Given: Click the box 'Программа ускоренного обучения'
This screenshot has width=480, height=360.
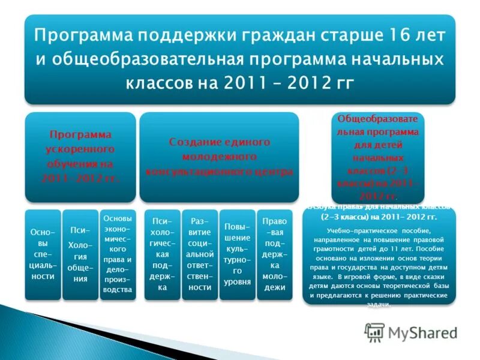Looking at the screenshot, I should point(80,157).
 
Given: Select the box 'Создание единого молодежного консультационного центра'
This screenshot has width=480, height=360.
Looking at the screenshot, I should point(219,157).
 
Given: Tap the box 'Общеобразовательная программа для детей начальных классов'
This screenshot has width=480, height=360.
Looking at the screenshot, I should point(378,157).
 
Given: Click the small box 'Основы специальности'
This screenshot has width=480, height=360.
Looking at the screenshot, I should point(43,254).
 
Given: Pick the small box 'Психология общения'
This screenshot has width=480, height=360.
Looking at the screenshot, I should point(80,254).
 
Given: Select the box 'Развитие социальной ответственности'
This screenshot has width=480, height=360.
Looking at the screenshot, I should point(200,254).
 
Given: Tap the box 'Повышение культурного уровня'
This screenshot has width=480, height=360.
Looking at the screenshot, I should point(237,254).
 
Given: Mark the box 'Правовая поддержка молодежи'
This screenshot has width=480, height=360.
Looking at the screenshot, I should point(274,254).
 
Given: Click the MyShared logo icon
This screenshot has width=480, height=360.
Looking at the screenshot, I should point(374,332).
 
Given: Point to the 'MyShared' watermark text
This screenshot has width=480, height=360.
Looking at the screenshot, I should point(422,332).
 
